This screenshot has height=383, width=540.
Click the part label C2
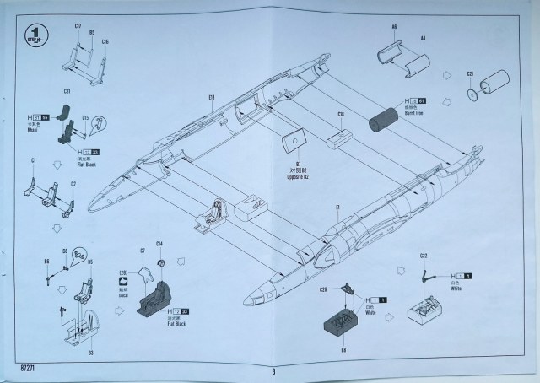pyautogui.click(x=73, y=183)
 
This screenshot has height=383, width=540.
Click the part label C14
pyautogui.click(x=159, y=244)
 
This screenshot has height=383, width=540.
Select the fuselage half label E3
pyautogui.click(x=211, y=97)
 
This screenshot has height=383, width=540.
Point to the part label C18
pyautogui.click(x=341, y=115)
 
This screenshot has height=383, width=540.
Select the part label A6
pyautogui.click(x=394, y=28)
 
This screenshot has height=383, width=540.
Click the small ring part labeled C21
pyautogui.click(x=471, y=94)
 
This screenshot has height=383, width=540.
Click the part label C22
pyautogui.click(x=424, y=256)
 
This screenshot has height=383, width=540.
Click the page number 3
pyautogui.click(x=273, y=370)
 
